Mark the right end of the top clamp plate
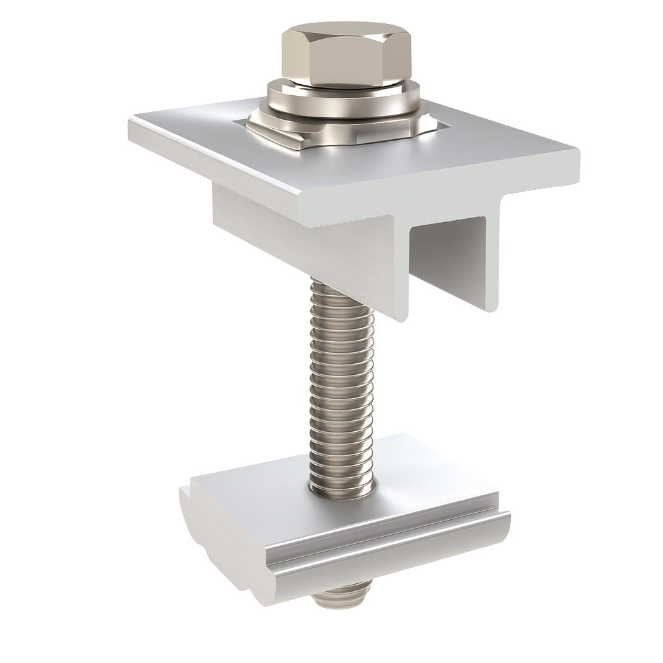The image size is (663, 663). (573, 165)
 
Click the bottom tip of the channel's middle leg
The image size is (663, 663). (401, 314)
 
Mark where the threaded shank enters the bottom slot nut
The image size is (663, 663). (341, 489)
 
